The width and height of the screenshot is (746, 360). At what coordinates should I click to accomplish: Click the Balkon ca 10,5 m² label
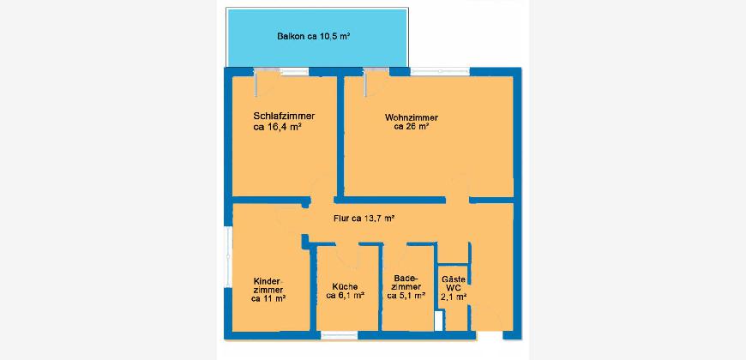coord(314,36)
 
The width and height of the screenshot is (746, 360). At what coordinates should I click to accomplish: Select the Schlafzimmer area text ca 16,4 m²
coord(279,127)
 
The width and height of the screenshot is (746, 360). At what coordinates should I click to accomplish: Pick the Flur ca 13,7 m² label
coord(364,219)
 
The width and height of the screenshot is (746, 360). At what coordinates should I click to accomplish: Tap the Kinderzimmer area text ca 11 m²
coord(268,298)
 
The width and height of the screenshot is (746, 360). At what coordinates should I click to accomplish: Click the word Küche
coord(346,287)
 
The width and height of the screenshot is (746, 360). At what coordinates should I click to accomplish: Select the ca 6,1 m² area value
coord(346,296)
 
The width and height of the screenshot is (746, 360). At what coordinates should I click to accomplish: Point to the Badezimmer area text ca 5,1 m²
coord(406,296)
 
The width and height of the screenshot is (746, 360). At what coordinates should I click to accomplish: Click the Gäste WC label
coord(454,284)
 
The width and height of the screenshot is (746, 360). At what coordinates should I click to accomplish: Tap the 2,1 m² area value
coord(454,297)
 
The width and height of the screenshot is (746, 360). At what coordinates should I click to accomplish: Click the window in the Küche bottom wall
coord(340,335)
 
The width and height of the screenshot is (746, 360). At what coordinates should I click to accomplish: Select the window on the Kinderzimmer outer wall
coord(229,260)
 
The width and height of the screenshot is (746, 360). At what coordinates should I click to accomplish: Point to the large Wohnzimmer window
coord(440,72)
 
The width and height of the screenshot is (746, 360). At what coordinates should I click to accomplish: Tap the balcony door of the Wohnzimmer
coord(376,82)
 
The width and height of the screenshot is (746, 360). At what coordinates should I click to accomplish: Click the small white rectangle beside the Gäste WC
coord(438,321)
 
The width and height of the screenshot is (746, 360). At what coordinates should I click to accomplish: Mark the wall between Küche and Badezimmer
coord(381,288)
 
